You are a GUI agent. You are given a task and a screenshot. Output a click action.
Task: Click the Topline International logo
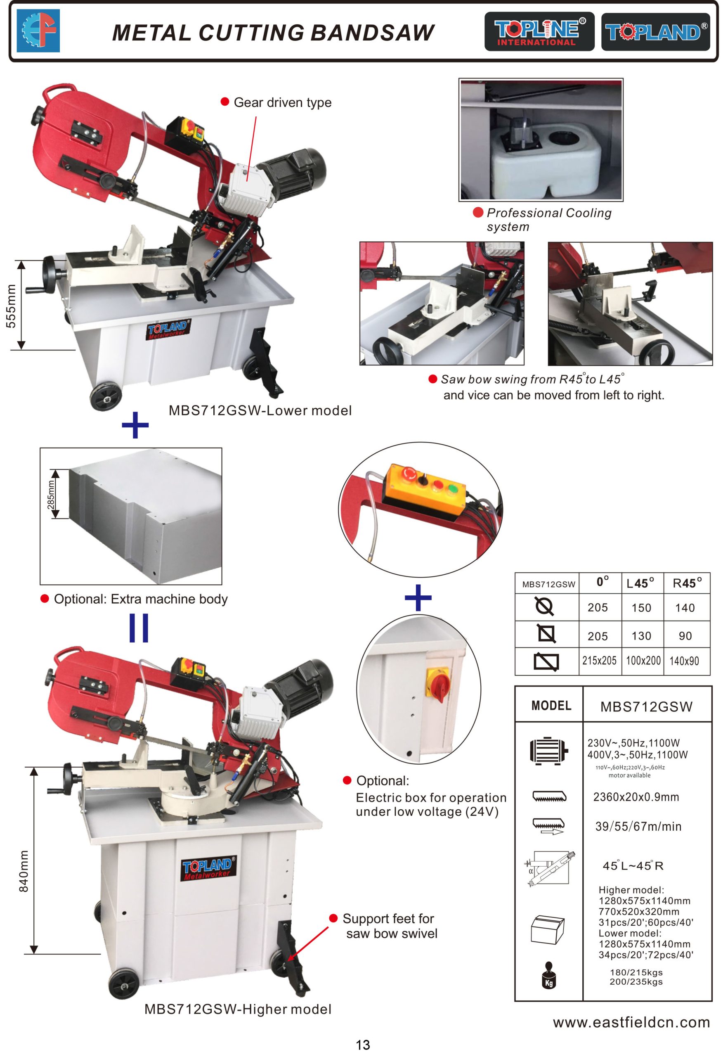pos(539,31)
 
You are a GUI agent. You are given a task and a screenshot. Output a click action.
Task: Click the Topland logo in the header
pos(655,31)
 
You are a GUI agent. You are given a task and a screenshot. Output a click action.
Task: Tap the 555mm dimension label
pos(11,306)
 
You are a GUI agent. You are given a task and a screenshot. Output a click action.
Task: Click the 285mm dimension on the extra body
pos(51,494)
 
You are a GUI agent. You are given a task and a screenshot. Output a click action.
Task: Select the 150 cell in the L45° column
pos(641,608)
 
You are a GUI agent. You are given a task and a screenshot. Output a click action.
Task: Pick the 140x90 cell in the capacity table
pos(684,661)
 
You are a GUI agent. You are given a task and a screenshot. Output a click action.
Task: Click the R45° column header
pos(687,583)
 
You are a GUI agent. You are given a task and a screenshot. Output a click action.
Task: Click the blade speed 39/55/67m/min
pos(638,827)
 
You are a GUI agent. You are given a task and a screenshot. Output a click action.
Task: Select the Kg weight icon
pos(549,975)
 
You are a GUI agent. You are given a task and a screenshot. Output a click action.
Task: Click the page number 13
pos(362,1045)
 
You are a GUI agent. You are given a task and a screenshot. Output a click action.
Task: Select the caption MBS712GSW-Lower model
pos(260,411)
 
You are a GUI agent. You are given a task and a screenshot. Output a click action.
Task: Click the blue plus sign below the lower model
pos(135,425)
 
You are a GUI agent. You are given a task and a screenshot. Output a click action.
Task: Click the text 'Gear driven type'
pos(282,103)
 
